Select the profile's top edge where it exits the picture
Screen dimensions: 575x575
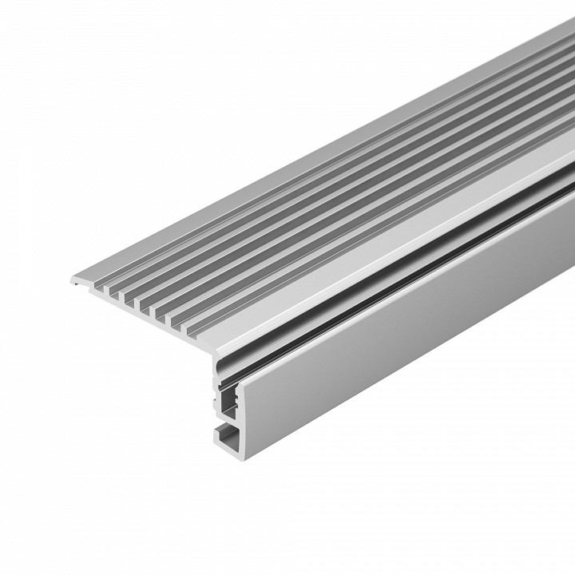(570, 24)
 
